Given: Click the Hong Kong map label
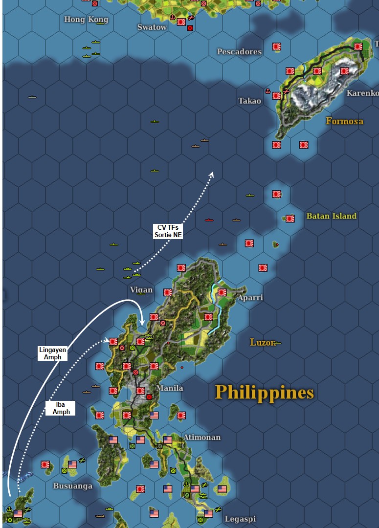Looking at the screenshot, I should pyautogui.click(x=86, y=20).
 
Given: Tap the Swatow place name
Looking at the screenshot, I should pyautogui.click(x=152, y=27).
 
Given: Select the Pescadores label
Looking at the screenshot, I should pyautogui.click(x=239, y=52).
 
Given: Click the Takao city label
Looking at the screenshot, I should pyautogui.click(x=250, y=101).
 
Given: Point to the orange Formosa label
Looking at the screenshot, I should pyautogui.click(x=345, y=121).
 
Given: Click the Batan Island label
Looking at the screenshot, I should pyautogui.click(x=331, y=216).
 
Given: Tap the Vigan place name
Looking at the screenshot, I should pyautogui.click(x=141, y=290).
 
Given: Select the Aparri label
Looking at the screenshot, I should pyautogui.click(x=250, y=298).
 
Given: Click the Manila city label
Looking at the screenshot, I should pyautogui.click(x=170, y=388).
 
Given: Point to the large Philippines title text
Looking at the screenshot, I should pyautogui.click(x=265, y=392).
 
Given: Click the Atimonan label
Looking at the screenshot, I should pyautogui.click(x=202, y=437).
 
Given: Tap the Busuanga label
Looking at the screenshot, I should pyautogui.click(x=72, y=486).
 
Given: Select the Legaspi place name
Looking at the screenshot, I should pyautogui.click(x=240, y=519).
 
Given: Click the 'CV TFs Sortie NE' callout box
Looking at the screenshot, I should pyautogui.click(x=169, y=231).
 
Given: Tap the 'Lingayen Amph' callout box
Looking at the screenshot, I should pyautogui.click(x=53, y=353).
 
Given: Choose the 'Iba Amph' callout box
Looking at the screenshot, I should pyautogui.click(x=61, y=408).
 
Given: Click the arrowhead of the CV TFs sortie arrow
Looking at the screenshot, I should pyautogui.click(x=212, y=174).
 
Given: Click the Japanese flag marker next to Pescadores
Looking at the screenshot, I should pyautogui.click(x=276, y=47).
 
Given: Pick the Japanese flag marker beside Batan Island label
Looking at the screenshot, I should pyautogui.click(x=290, y=219).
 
